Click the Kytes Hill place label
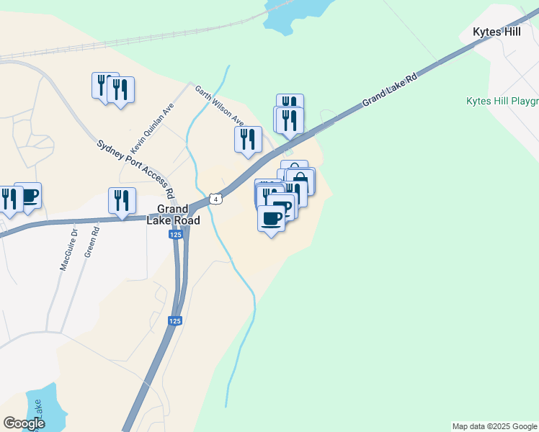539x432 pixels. pos(496,32)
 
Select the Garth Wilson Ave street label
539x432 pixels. pos(220,105)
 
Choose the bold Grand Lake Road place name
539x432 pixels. pos(173,215)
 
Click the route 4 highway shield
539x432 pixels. pos(215,198)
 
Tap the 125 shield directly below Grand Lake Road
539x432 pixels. pos(176,235)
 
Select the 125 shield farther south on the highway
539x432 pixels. pos(175,321)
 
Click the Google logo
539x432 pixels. pos(24,423)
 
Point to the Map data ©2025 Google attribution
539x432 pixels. pos(494,426)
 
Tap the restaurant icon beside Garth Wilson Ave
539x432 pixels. pos(248,138)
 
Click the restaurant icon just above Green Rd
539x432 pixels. pos(122,199)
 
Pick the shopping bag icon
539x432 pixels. pos(300,179)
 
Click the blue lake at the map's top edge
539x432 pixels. pos(292,13)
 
